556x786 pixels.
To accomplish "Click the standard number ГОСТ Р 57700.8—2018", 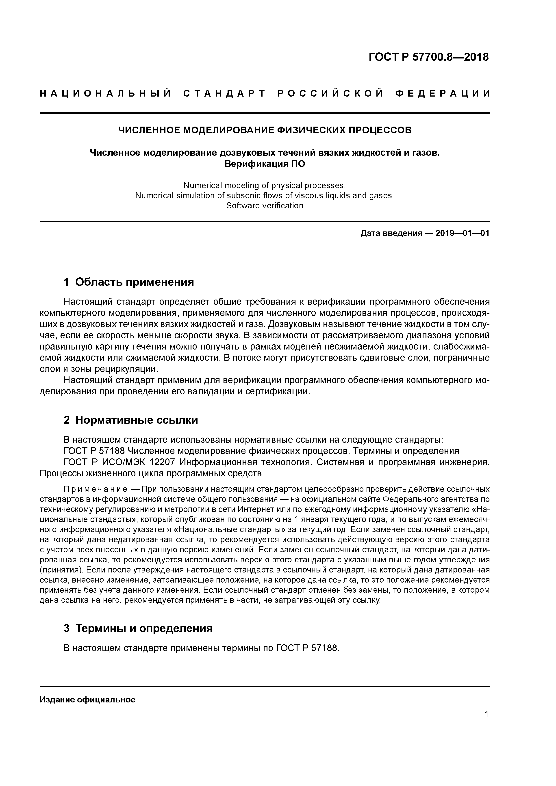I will (429, 57).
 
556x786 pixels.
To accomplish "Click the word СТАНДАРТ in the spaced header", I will (224, 93).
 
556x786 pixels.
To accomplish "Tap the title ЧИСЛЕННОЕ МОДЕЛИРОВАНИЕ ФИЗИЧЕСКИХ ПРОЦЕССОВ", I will (265, 130).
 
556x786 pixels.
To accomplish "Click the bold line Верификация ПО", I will (265, 164).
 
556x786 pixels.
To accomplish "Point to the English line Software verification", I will (265, 206).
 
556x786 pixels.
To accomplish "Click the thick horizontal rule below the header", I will (265, 113).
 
